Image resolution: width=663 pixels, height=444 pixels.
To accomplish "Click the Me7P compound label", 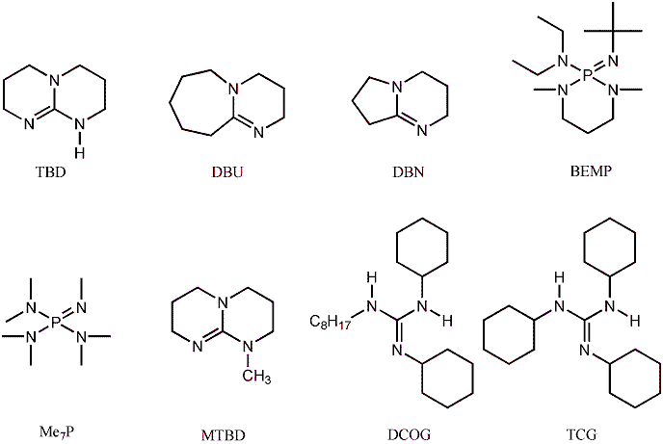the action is [55, 431].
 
